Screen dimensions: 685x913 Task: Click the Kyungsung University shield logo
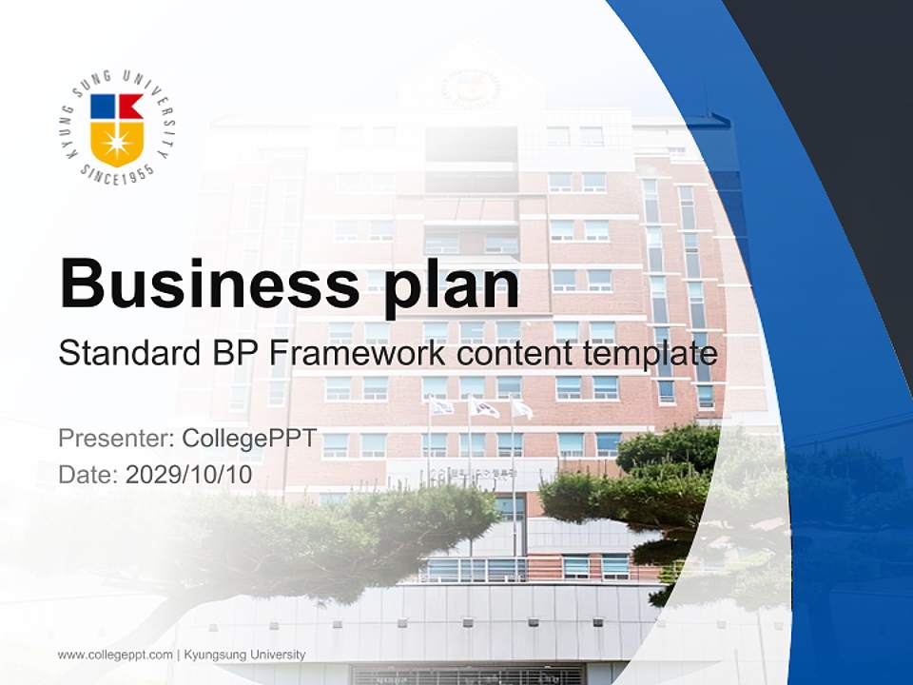tap(117, 128)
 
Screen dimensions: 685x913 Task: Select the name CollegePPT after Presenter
tap(250, 440)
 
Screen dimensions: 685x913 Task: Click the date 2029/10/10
tap(189, 475)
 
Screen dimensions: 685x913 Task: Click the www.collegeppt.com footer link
tap(115, 655)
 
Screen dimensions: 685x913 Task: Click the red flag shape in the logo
tap(130, 107)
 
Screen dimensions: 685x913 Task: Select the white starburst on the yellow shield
tap(117, 144)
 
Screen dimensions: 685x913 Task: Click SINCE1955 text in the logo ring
tap(116, 175)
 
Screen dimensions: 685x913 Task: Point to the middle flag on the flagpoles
tap(484, 409)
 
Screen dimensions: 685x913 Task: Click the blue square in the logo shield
tap(103, 106)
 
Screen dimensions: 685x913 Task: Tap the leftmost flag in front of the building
tap(441, 407)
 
